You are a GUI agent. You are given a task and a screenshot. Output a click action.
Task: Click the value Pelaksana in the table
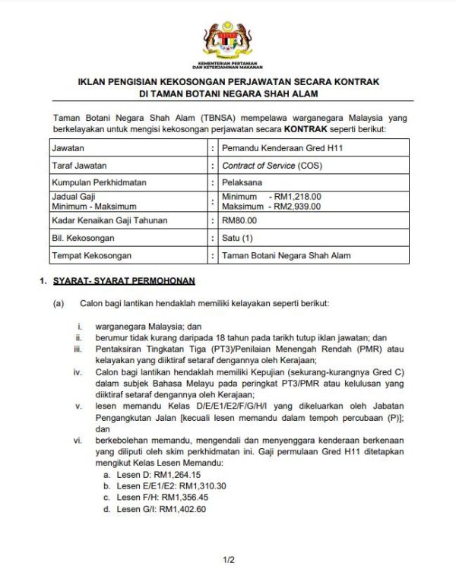pos(241,183)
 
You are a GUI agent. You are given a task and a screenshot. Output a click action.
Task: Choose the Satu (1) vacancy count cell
pos(239,238)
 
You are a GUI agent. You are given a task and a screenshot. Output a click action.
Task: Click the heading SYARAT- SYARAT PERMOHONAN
pos(124,281)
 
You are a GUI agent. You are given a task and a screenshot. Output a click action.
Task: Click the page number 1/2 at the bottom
pos(228,560)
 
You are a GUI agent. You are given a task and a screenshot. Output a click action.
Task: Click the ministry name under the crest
pos(227,64)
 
